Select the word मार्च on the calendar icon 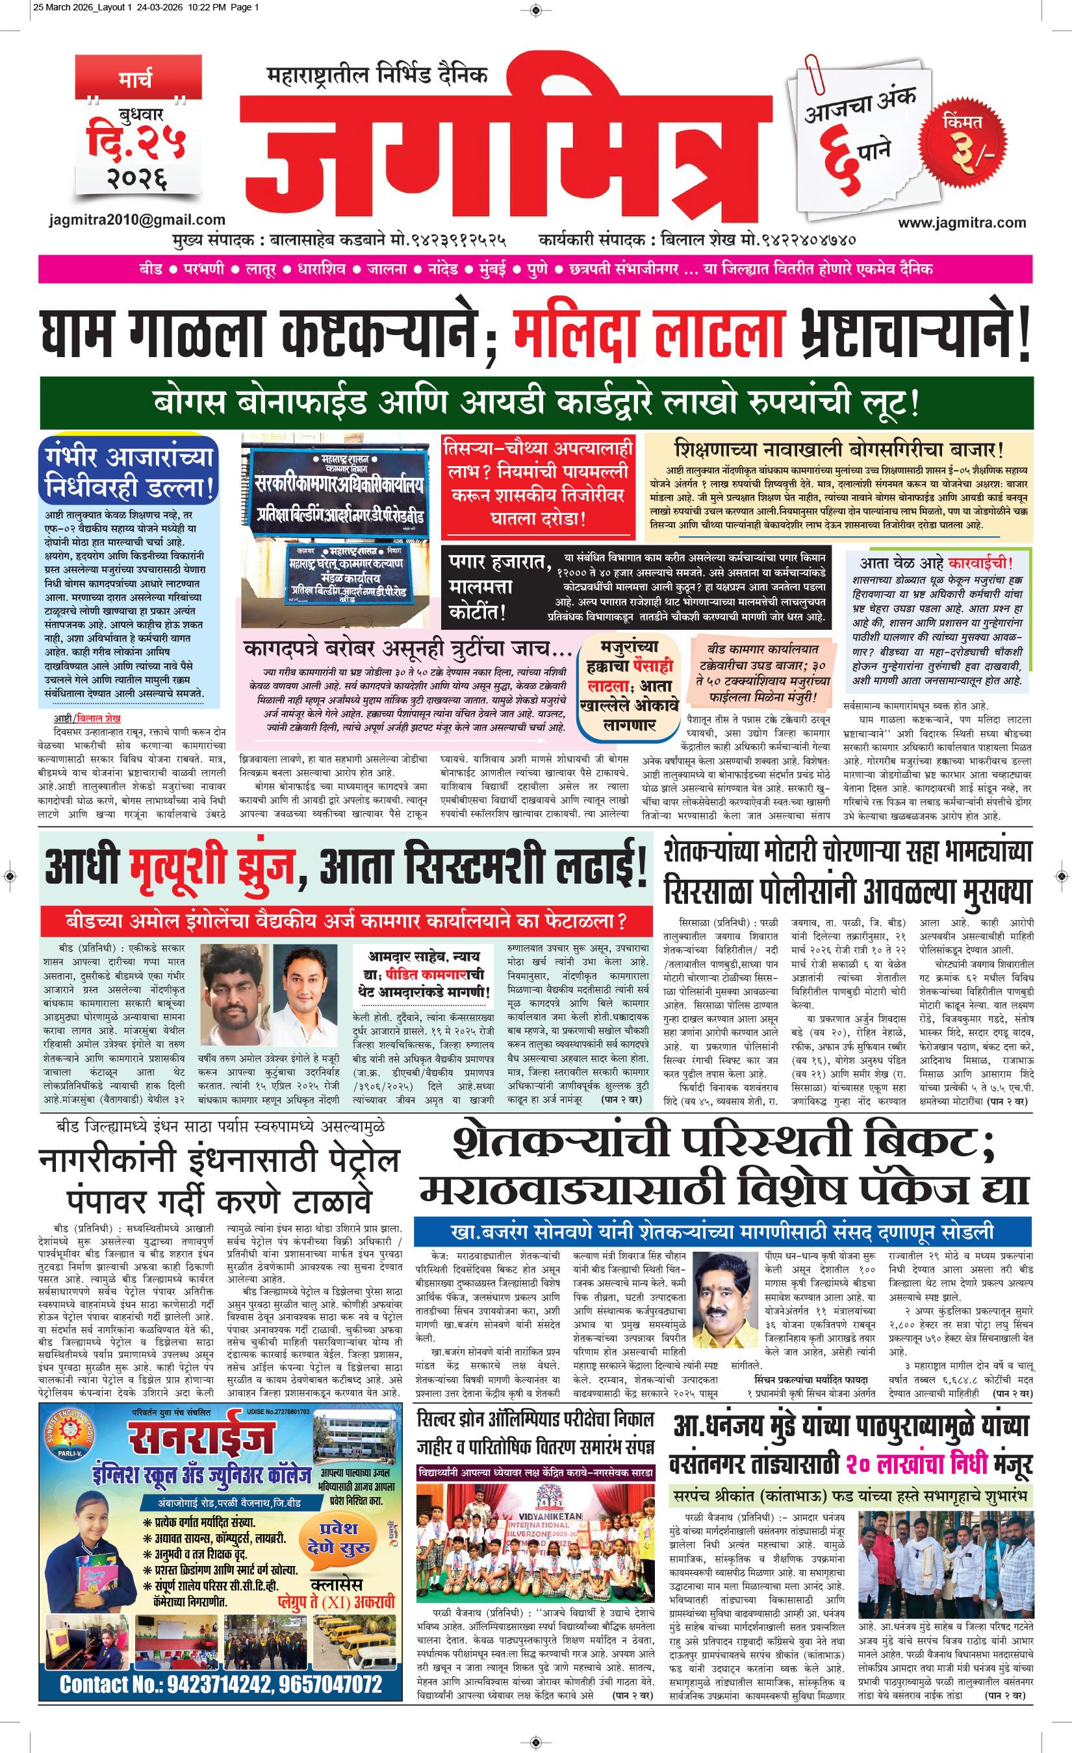pyautogui.click(x=134, y=81)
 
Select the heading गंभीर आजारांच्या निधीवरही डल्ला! pyautogui.click(x=129, y=473)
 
